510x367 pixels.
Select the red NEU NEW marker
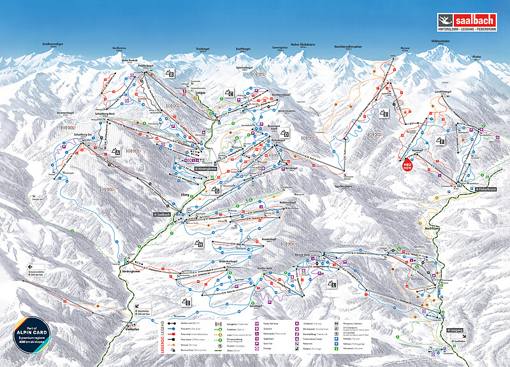click(x=407, y=164)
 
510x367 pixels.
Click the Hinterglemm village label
click(x=203, y=168)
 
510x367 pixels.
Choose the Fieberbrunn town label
click(x=488, y=189)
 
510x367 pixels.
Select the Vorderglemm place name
click(x=130, y=270)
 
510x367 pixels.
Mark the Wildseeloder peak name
click(x=442, y=42)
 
